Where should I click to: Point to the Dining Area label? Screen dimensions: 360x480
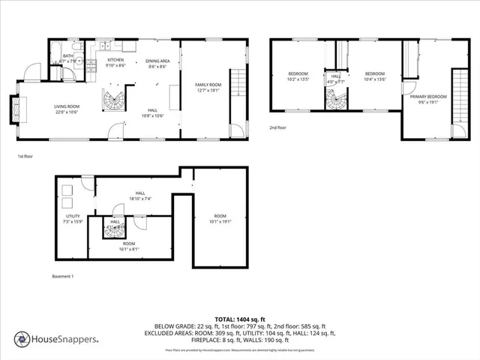click(157, 63)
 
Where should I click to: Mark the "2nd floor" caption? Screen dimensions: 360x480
click(278, 127)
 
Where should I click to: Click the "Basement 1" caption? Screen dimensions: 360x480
click(62, 277)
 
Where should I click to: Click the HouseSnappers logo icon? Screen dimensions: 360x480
click(22, 339)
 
